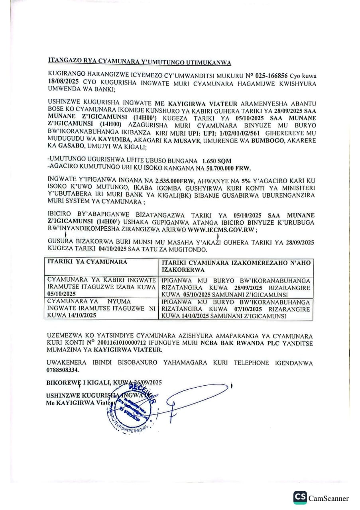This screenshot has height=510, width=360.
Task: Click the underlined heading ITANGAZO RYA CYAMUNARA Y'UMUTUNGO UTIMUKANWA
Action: tap(139, 62)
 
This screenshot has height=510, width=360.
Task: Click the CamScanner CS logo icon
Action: tap(300, 498)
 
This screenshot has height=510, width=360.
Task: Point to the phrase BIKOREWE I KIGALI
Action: tap(78, 382)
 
